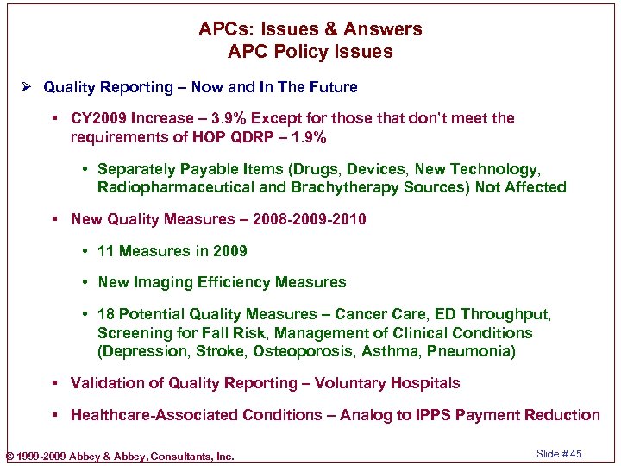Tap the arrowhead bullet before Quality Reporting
28,87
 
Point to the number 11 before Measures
106,251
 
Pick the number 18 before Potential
107,314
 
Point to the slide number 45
575,454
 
